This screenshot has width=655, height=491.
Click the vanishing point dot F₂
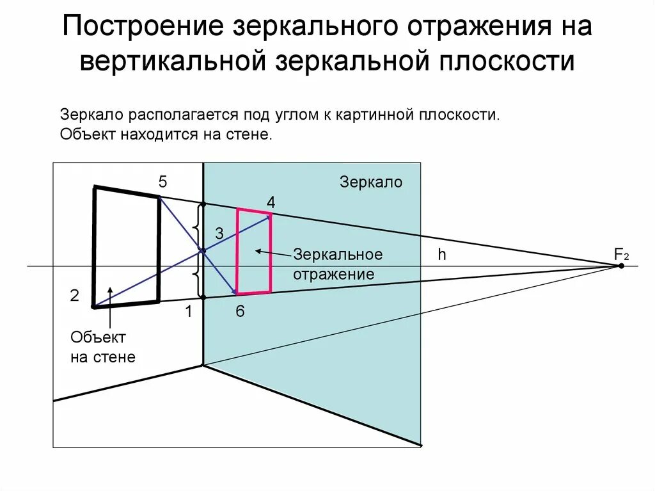click(x=620, y=265)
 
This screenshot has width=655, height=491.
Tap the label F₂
click(x=621, y=254)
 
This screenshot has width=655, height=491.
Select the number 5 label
click(x=163, y=182)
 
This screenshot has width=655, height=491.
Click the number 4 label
click(x=271, y=202)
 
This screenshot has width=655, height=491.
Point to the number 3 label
click(x=219, y=234)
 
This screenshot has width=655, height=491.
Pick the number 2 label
click(x=75, y=296)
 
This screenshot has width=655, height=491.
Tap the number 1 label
click(x=188, y=312)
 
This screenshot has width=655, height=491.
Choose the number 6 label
click(x=240, y=312)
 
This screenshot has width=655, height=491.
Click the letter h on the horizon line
click(x=441, y=255)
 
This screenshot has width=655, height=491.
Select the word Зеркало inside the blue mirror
click(x=371, y=182)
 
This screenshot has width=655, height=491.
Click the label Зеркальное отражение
click(x=338, y=264)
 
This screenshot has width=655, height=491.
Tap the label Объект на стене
click(x=103, y=347)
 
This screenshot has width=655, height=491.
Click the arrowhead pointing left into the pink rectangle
click(x=258, y=251)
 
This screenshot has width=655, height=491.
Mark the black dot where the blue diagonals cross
click(x=203, y=250)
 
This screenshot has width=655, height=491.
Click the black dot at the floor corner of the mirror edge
click(x=203, y=366)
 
